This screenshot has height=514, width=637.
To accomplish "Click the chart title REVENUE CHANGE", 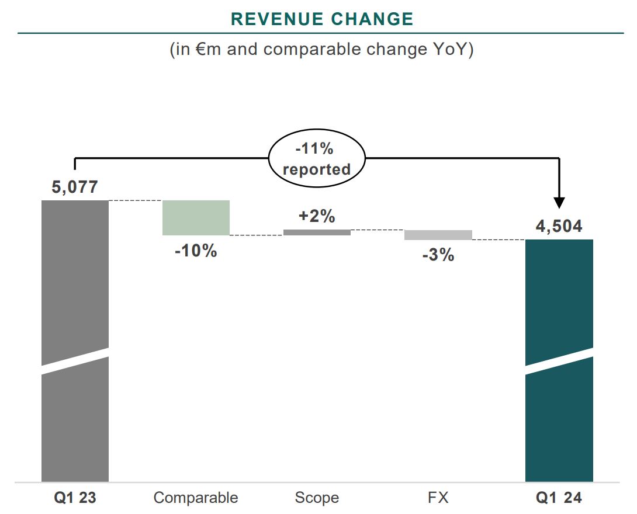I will coord(322,19).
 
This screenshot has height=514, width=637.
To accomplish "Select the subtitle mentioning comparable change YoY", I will coord(321,49).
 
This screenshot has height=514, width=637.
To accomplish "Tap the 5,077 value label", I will coord(75,187).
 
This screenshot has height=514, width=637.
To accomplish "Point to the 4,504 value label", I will coord(559,226).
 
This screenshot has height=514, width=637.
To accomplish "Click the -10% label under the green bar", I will coord(196,252).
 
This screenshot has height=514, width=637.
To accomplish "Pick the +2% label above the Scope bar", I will coord(317,216).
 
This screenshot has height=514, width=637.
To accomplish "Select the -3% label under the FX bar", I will coord(438,255).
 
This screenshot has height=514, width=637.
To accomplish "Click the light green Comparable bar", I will coord(196,217).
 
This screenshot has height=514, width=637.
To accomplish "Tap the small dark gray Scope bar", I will coord(317,232).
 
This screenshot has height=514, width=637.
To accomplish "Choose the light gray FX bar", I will coord(438,235).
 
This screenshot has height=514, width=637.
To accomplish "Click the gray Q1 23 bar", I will coord(75,280).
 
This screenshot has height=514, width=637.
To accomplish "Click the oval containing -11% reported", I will coord(317,159).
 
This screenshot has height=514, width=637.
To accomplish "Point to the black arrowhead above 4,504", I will coord(559,203).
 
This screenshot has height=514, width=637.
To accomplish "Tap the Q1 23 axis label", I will coord(75,498).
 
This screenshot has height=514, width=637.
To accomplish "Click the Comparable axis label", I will coord(196,498).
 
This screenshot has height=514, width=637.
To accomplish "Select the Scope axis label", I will coord(317,498).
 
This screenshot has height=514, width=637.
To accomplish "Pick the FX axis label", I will coord(438,498).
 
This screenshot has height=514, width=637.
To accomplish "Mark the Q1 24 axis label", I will coord(559,498).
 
